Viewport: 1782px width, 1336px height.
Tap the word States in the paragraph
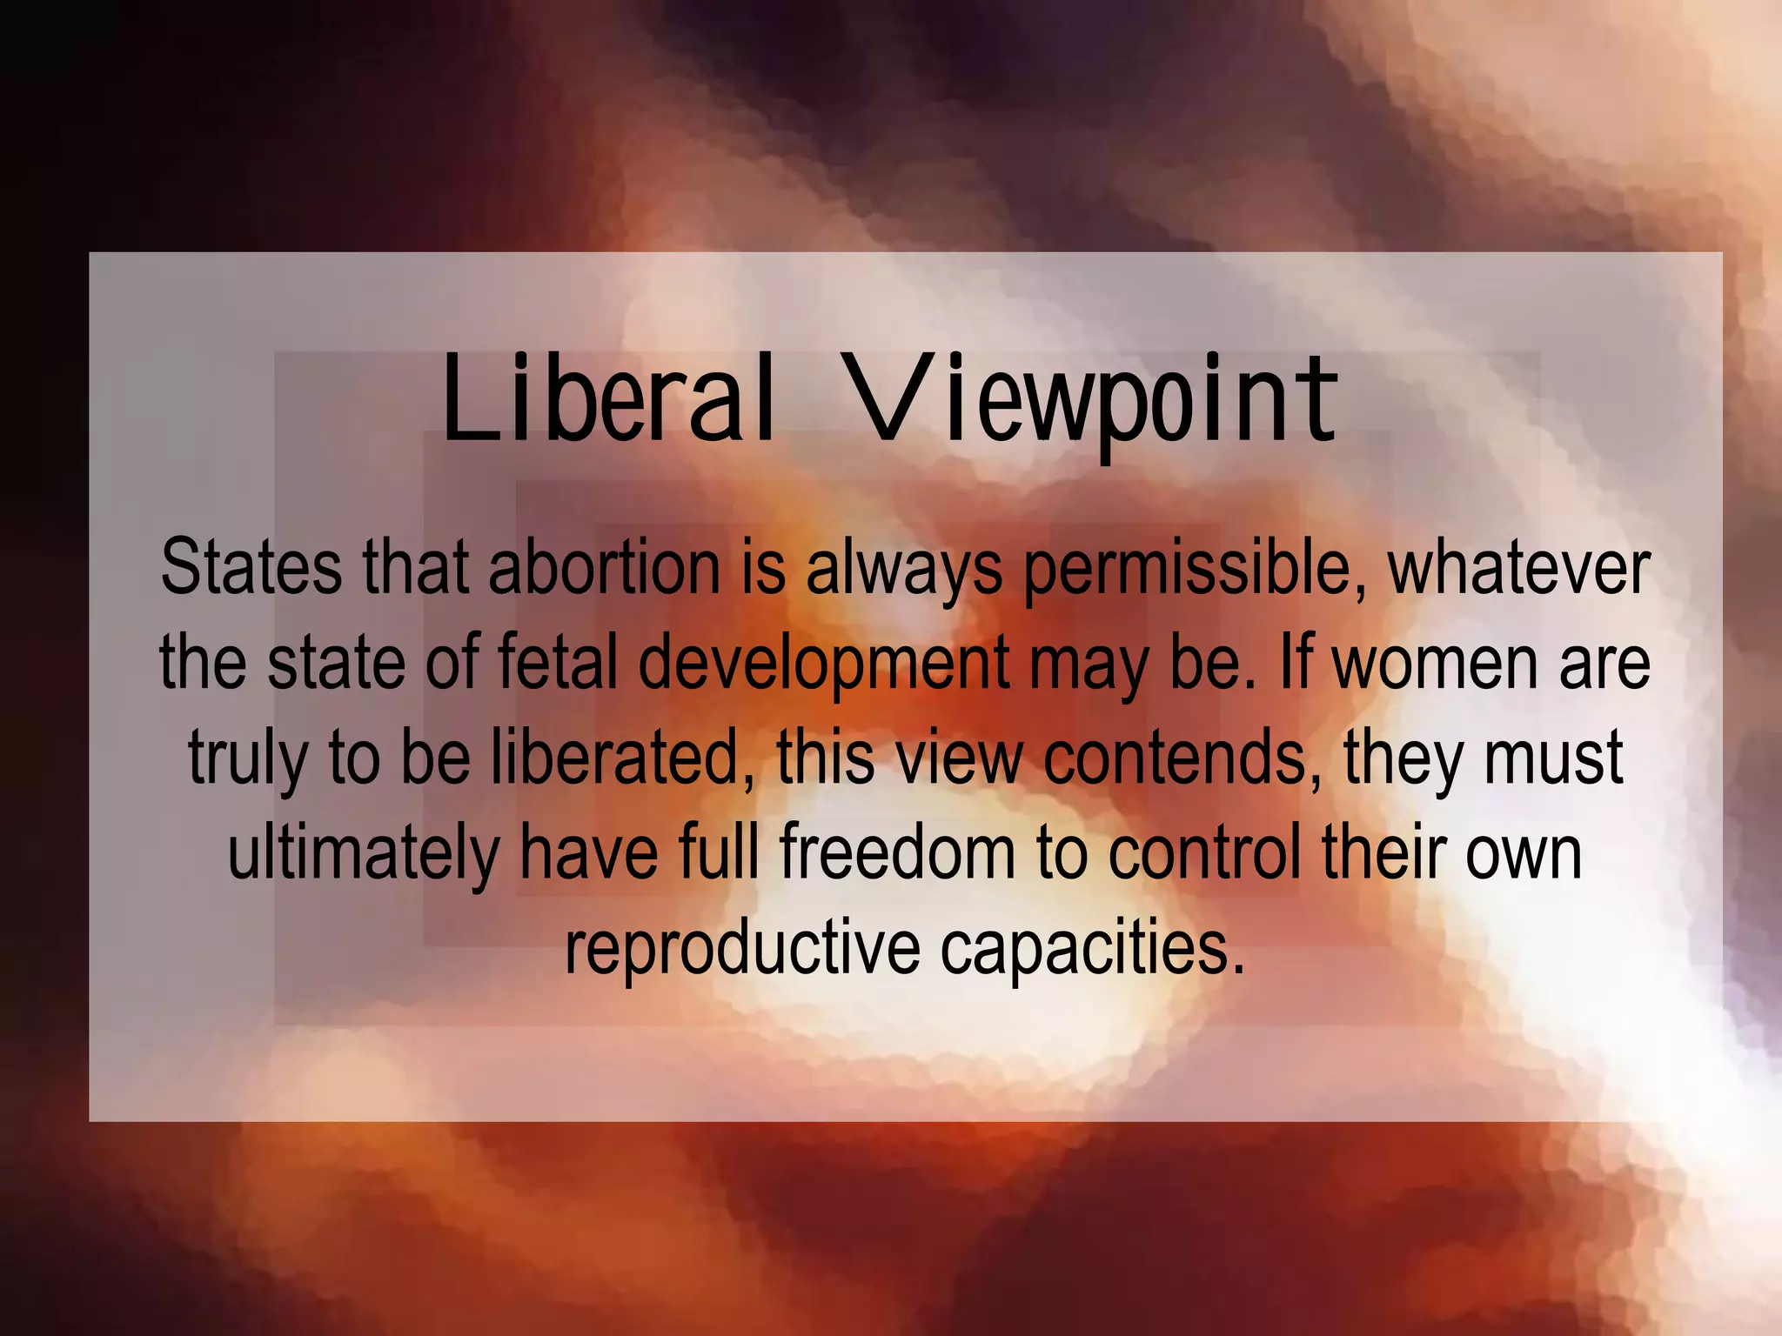(x=251, y=567)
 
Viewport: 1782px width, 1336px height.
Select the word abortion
(x=604, y=567)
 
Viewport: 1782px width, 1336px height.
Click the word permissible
(x=1196, y=569)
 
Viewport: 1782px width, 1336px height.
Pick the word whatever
(x=1518, y=569)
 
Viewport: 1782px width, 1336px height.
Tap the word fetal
(x=558, y=662)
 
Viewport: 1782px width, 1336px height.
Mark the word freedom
(x=896, y=852)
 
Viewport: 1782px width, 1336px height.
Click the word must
(x=1553, y=758)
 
